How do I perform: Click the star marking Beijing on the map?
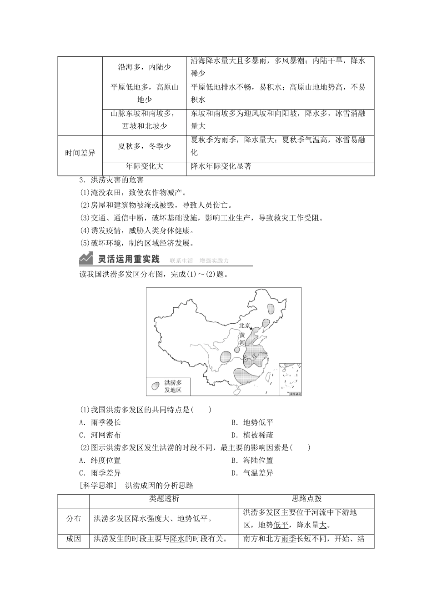[251, 328]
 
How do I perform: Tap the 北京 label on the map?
[244, 326]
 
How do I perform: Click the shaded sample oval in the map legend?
[156, 386]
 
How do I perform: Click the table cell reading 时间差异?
[80, 153]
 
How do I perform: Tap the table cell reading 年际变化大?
[144, 166]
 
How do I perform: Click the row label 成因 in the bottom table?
[74, 539]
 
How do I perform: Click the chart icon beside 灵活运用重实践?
[86, 259]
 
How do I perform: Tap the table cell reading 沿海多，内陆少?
[144, 67]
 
